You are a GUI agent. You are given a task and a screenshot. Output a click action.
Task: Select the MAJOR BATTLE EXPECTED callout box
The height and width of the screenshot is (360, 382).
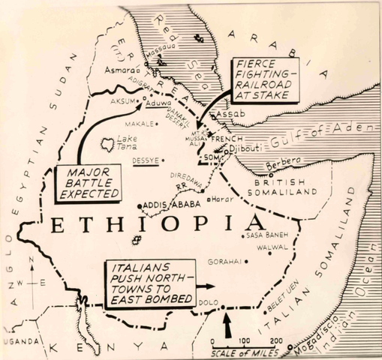point(88,184)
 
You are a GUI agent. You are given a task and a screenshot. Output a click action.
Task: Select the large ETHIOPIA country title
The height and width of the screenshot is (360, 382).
point(154,226)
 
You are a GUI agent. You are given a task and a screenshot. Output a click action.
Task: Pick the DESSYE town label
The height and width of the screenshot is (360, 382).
point(146,160)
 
